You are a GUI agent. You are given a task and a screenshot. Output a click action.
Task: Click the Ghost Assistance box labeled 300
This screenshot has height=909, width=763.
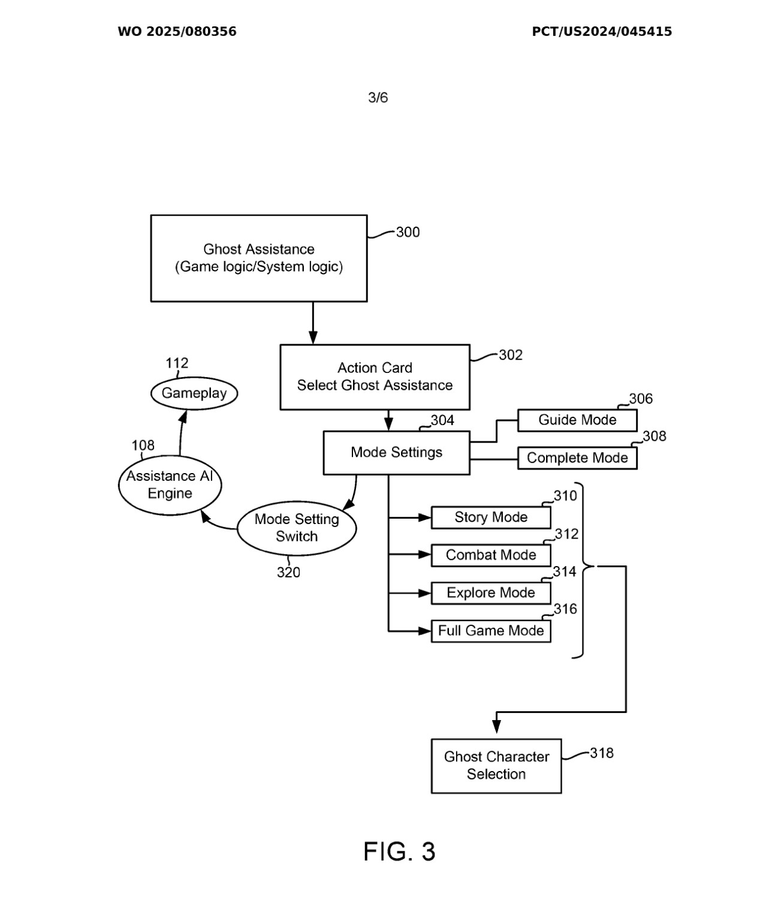click(x=258, y=258)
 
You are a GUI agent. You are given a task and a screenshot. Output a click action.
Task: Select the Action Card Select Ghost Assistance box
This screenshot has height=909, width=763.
click(x=375, y=377)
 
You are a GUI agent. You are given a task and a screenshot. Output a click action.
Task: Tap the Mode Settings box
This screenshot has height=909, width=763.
click(x=396, y=453)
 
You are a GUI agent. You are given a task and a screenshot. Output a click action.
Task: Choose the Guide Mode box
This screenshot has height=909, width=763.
click(x=577, y=420)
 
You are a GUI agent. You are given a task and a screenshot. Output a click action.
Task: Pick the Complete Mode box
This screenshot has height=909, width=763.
click(x=577, y=458)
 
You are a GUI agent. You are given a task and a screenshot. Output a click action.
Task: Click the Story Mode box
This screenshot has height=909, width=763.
click(x=490, y=517)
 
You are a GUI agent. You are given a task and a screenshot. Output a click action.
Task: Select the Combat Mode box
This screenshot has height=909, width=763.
click(x=490, y=555)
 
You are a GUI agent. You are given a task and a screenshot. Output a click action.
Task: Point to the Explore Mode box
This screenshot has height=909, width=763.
click(x=490, y=593)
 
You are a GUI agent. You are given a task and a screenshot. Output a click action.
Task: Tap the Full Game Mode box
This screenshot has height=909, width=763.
click(x=490, y=631)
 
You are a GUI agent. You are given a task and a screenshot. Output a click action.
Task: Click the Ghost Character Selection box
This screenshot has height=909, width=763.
click(x=496, y=766)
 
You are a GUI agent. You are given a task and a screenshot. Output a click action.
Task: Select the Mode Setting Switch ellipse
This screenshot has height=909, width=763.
click(x=297, y=528)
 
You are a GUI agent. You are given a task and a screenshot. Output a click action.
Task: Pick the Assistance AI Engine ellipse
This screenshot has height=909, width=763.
click(x=170, y=484)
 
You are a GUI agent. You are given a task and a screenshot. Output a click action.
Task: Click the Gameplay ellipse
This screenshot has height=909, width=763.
click(x=194, y=393)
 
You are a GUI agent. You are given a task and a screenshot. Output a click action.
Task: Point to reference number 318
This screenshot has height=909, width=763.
click(x=601, y=753)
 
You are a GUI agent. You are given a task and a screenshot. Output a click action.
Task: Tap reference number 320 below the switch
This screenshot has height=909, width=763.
click(x=288, y=573)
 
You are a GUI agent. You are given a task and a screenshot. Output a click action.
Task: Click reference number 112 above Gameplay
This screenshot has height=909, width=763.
click(x=177, y=363)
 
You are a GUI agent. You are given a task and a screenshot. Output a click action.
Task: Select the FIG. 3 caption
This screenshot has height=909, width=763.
click(x=399, y=851)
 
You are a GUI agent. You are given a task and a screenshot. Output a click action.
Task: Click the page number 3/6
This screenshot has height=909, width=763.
click(x=378, y=98)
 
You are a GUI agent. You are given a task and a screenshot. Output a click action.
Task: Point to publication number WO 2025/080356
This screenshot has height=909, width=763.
click(x=177, y=32)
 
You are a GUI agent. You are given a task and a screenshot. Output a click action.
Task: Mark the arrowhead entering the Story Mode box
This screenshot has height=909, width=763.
click(x=425, y=517)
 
